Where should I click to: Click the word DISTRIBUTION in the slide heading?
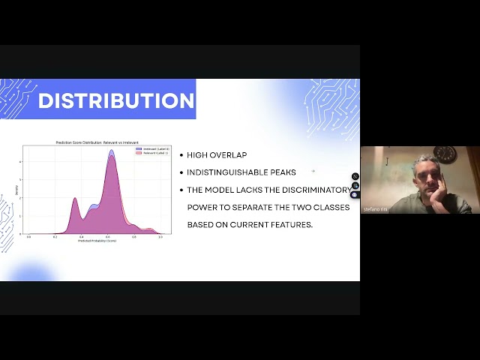click(116, 100)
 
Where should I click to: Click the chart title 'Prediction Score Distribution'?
click(97, 142)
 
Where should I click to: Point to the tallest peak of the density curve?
click(112, 153)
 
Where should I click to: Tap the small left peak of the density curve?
click(74, 199)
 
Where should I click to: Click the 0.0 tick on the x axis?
click(29, 236)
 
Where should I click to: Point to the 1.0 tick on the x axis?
click(160, 236)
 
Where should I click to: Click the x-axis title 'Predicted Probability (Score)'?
click(97, 241)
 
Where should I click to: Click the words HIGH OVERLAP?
click(217, 155)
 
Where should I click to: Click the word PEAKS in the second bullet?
click(283, 172)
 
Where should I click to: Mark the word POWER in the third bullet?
click(204, 207)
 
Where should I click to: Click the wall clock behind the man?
click(444, 154)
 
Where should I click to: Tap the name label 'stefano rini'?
click(374, 209)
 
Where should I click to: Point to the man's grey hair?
click(424, 160)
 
